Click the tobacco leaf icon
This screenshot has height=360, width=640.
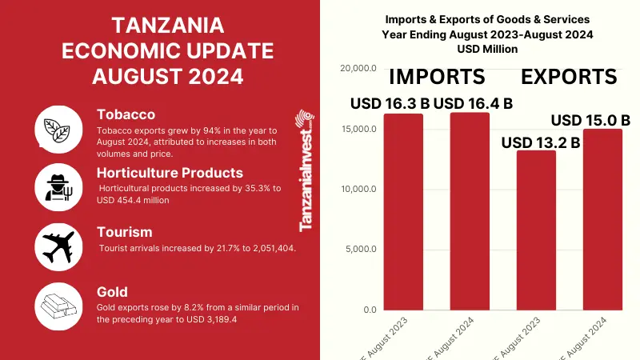pos(58,128)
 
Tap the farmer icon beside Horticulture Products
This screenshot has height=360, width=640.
pos(58,186)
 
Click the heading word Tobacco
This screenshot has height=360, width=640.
pos(126,114)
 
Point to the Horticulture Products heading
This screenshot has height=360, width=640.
pos(170,172)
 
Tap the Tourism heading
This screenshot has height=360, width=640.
pos(124,232)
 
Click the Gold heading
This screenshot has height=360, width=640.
pos(114,292)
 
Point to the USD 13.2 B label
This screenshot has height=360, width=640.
pos(540,142)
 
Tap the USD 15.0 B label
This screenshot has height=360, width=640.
pos(591,120)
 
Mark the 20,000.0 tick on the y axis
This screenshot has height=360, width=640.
pos(358,69)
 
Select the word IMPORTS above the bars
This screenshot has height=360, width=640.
pos(437,77)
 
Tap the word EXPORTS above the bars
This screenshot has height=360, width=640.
pos(569,77)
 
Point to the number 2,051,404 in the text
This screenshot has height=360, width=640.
pos(271,248)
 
